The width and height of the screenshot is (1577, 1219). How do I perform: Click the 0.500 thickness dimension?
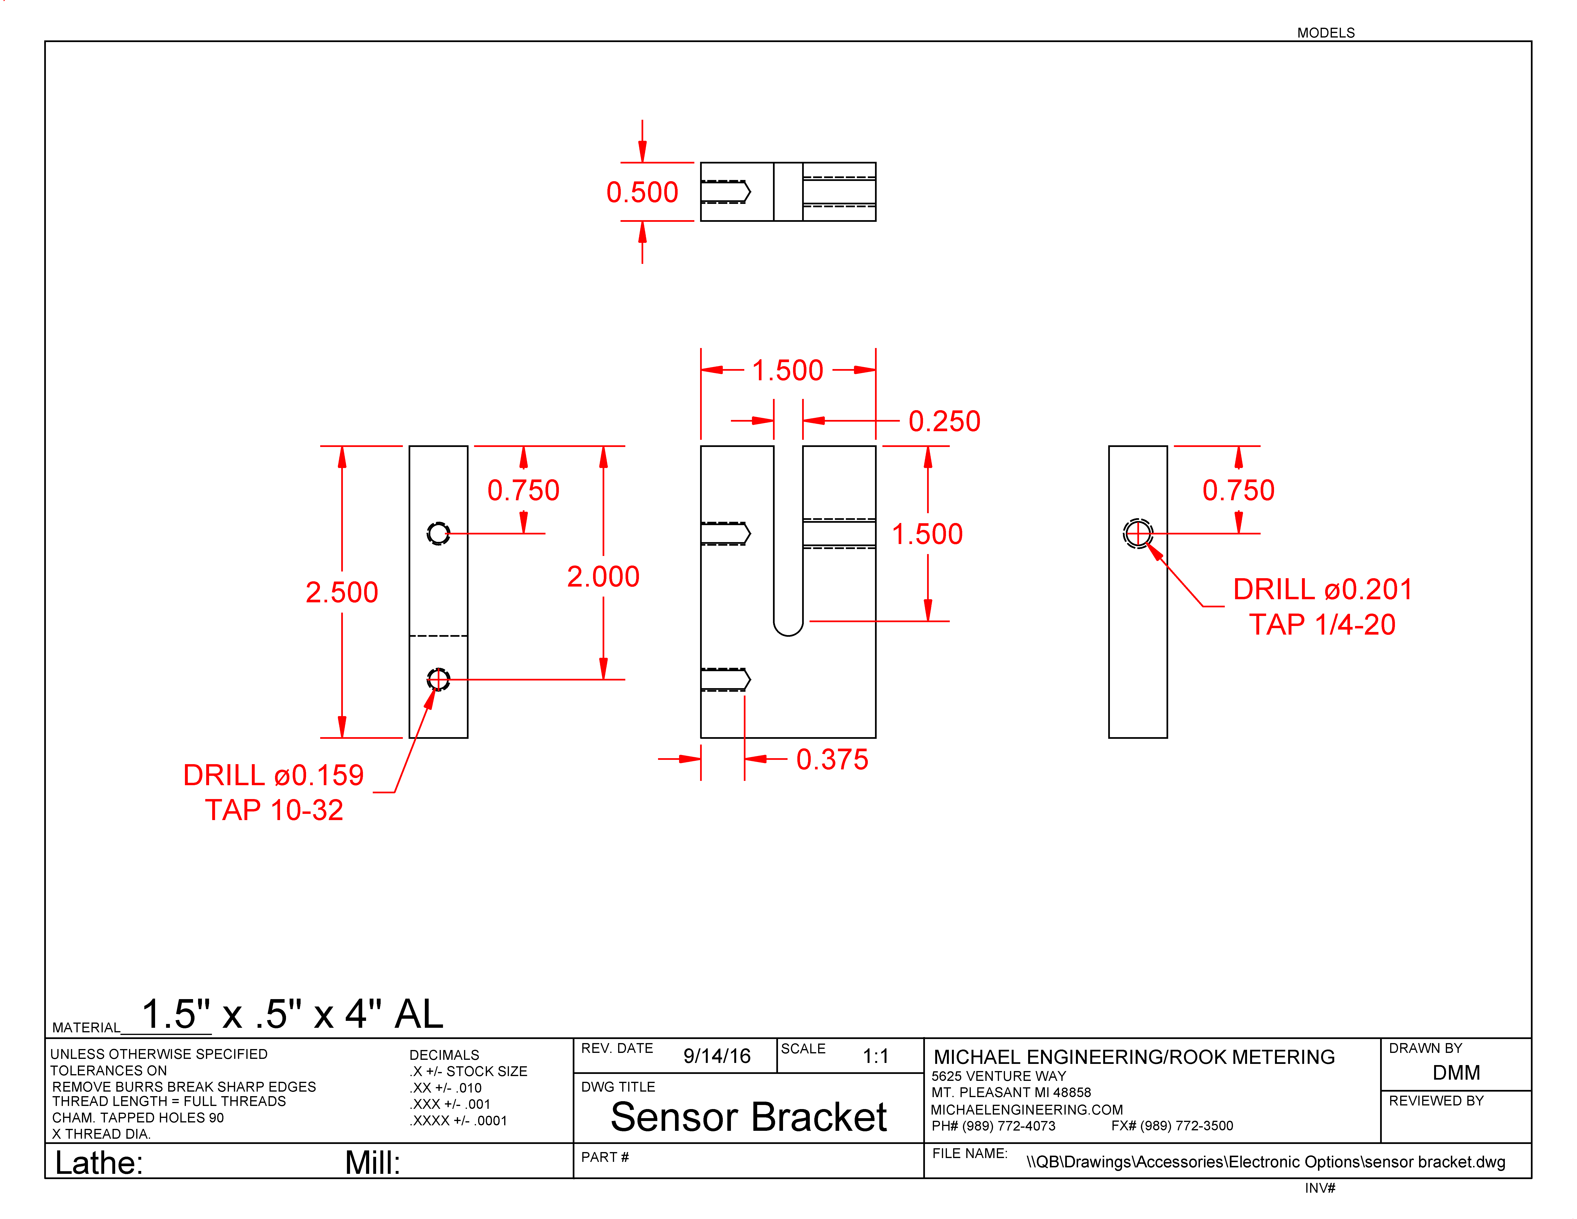642,192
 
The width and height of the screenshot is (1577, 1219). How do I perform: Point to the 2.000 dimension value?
603,576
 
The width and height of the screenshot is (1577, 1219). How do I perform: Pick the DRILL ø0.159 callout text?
274,775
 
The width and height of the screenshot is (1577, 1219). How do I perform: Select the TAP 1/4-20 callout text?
1322,625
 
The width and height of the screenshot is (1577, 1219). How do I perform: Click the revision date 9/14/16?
717,1056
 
